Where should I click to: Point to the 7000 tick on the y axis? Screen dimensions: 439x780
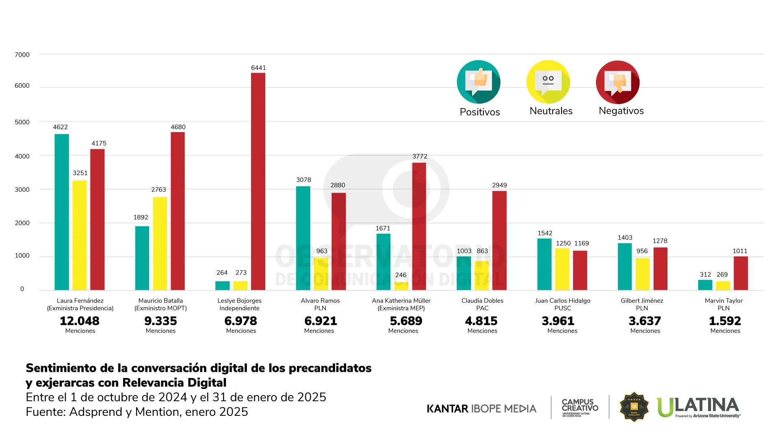tap(22, 55)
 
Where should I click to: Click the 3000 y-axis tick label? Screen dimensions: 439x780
tap(22, 190)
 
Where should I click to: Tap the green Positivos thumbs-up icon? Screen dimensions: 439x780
tap(479, 82)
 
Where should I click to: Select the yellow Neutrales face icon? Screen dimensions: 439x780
tap(548, 82)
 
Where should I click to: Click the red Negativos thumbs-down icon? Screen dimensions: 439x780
tap(617, 82)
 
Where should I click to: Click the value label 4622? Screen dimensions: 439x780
tap(60, 127)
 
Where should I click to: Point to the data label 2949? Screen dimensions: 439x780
tap(499, 185)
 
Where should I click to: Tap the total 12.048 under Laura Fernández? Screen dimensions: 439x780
tap(80, 321)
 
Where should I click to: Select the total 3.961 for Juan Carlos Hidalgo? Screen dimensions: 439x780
tap(558, 321)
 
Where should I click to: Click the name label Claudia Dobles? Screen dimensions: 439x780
tap(482, 301)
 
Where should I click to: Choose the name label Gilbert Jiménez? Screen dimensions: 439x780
tap(641, 301)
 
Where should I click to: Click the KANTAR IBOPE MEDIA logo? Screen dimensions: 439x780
tap(481, 409)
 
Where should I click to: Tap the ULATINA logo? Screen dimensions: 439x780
tap(698, 407)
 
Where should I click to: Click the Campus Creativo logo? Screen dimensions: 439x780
tap(580, 407)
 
